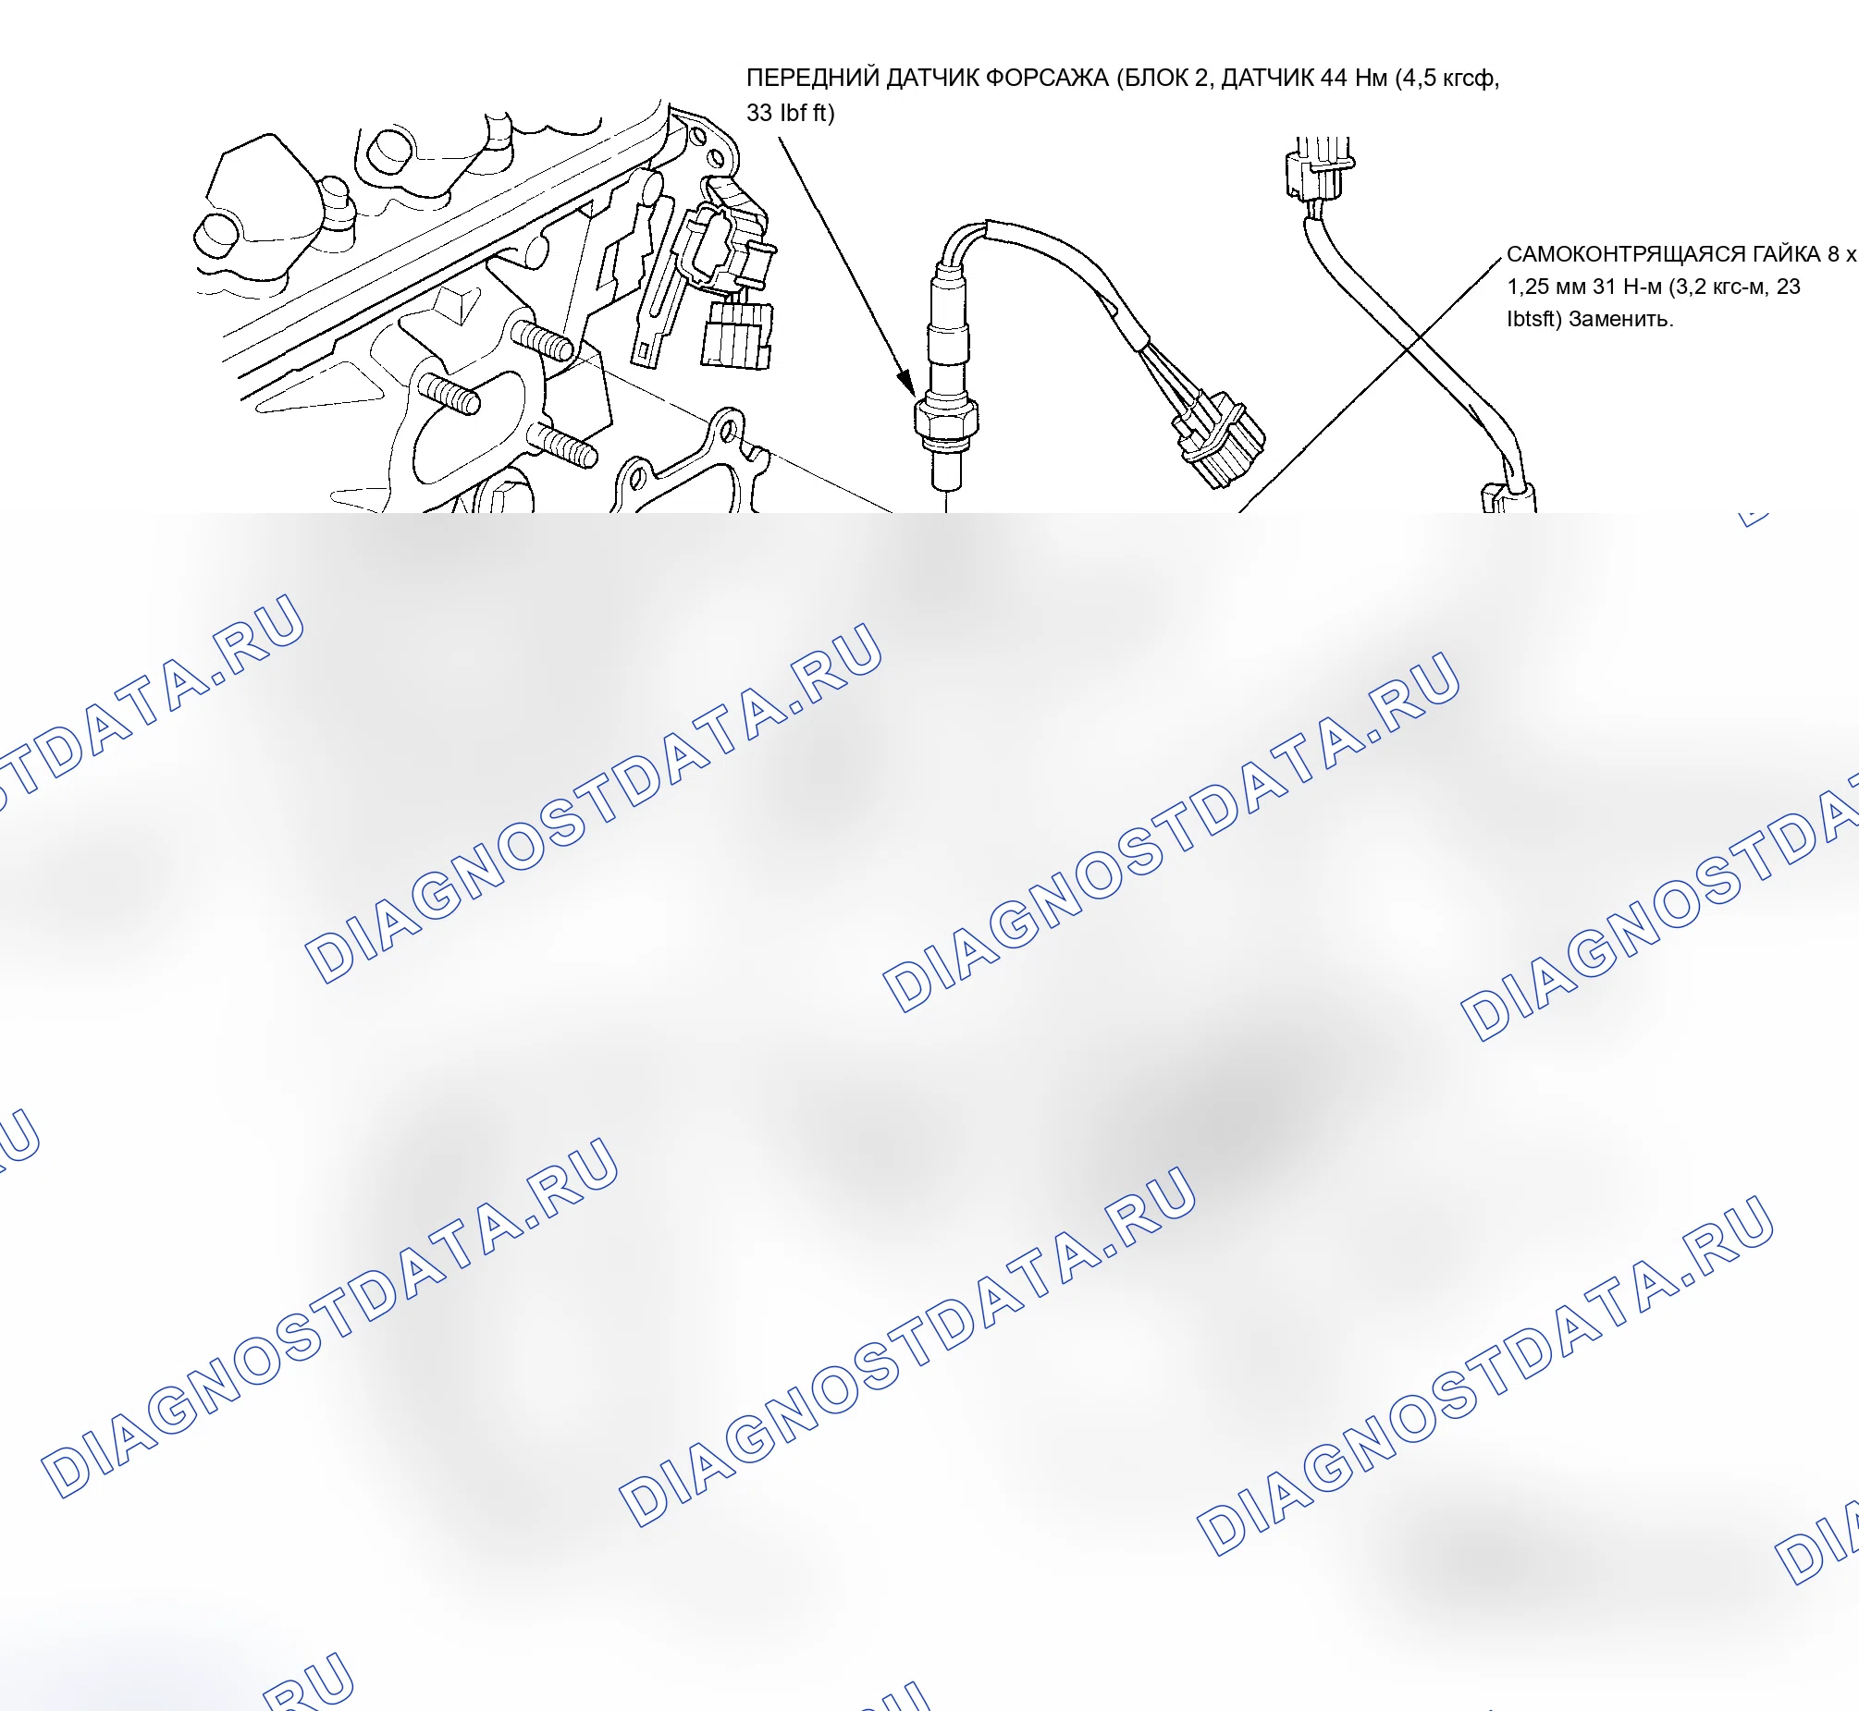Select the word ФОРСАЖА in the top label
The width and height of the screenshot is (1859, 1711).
tap(1047, 78)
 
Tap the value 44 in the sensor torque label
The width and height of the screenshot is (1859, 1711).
tap(1334, 78)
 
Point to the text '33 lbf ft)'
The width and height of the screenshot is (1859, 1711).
tap(790, 113)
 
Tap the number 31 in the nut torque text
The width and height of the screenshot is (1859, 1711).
tap(1605, 287)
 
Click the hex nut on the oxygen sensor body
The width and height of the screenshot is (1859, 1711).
tap(947, 419)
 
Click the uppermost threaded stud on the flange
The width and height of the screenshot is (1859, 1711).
tap(543, 343)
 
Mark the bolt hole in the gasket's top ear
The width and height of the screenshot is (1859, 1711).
tap(730, 430)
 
